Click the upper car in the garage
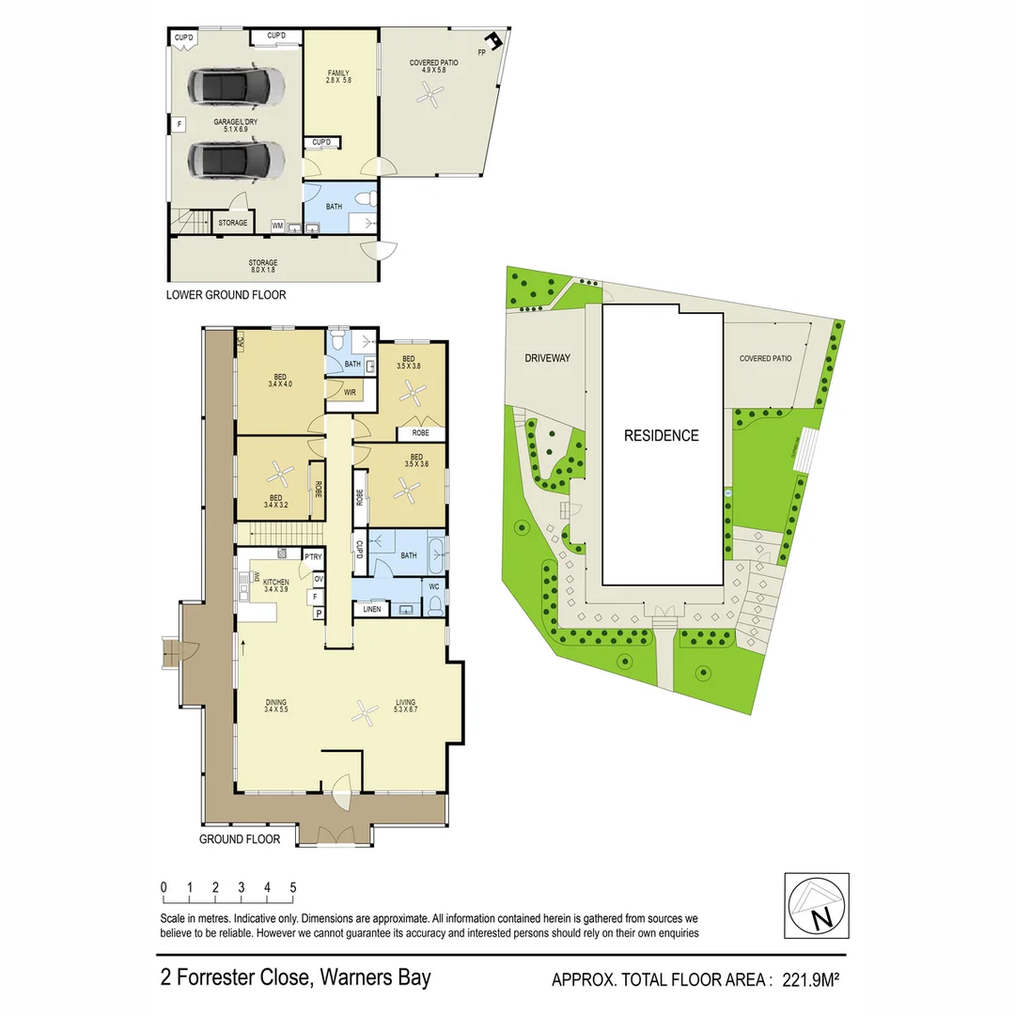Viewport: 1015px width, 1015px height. tap(236, 87)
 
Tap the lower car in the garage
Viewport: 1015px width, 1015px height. tap(236, 160)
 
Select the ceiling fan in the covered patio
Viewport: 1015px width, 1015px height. tap(431, 93)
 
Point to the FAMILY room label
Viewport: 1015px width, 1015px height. tap(338, 73)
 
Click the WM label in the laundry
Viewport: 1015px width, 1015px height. tap(277, 226)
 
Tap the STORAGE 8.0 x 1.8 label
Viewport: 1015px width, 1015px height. tap(264, 263)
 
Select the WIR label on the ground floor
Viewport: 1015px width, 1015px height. tap(349, 392)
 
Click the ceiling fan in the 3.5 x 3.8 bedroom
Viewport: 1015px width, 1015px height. tap(411, 396)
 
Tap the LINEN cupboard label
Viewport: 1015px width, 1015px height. tap(371, 611)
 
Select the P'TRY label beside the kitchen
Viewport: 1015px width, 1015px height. tap(314, 558)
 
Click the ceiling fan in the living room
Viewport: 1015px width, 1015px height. tap(365, 713)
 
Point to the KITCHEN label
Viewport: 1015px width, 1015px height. tap(275, 583)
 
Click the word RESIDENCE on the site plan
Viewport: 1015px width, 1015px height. tap(663, 435)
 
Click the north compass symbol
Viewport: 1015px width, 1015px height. tap(816, 906)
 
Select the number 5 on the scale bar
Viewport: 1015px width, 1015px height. tap(292, 887)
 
